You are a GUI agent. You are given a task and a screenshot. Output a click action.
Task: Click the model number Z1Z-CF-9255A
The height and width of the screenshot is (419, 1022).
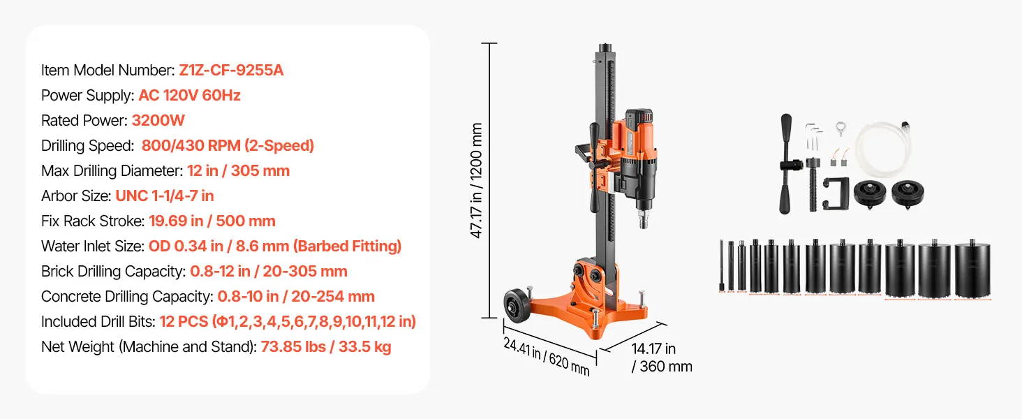coord(231,71)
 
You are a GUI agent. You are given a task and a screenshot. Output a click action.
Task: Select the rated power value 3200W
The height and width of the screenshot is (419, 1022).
coord(158,121)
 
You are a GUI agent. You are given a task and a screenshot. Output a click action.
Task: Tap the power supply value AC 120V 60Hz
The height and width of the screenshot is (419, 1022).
coord(189,96)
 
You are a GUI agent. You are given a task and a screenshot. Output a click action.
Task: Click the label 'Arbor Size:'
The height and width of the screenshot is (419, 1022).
coord(76,196)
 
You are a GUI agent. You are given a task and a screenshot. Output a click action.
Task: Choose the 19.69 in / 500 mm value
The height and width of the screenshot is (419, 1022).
coord(212,221)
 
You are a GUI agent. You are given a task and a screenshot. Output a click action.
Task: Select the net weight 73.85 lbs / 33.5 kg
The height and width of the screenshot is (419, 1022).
coord(326,347)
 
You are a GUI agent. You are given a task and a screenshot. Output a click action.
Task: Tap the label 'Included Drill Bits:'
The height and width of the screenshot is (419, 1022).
coord(98,322)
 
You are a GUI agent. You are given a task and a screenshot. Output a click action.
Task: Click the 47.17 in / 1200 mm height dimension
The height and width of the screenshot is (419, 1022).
coord(476,180)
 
